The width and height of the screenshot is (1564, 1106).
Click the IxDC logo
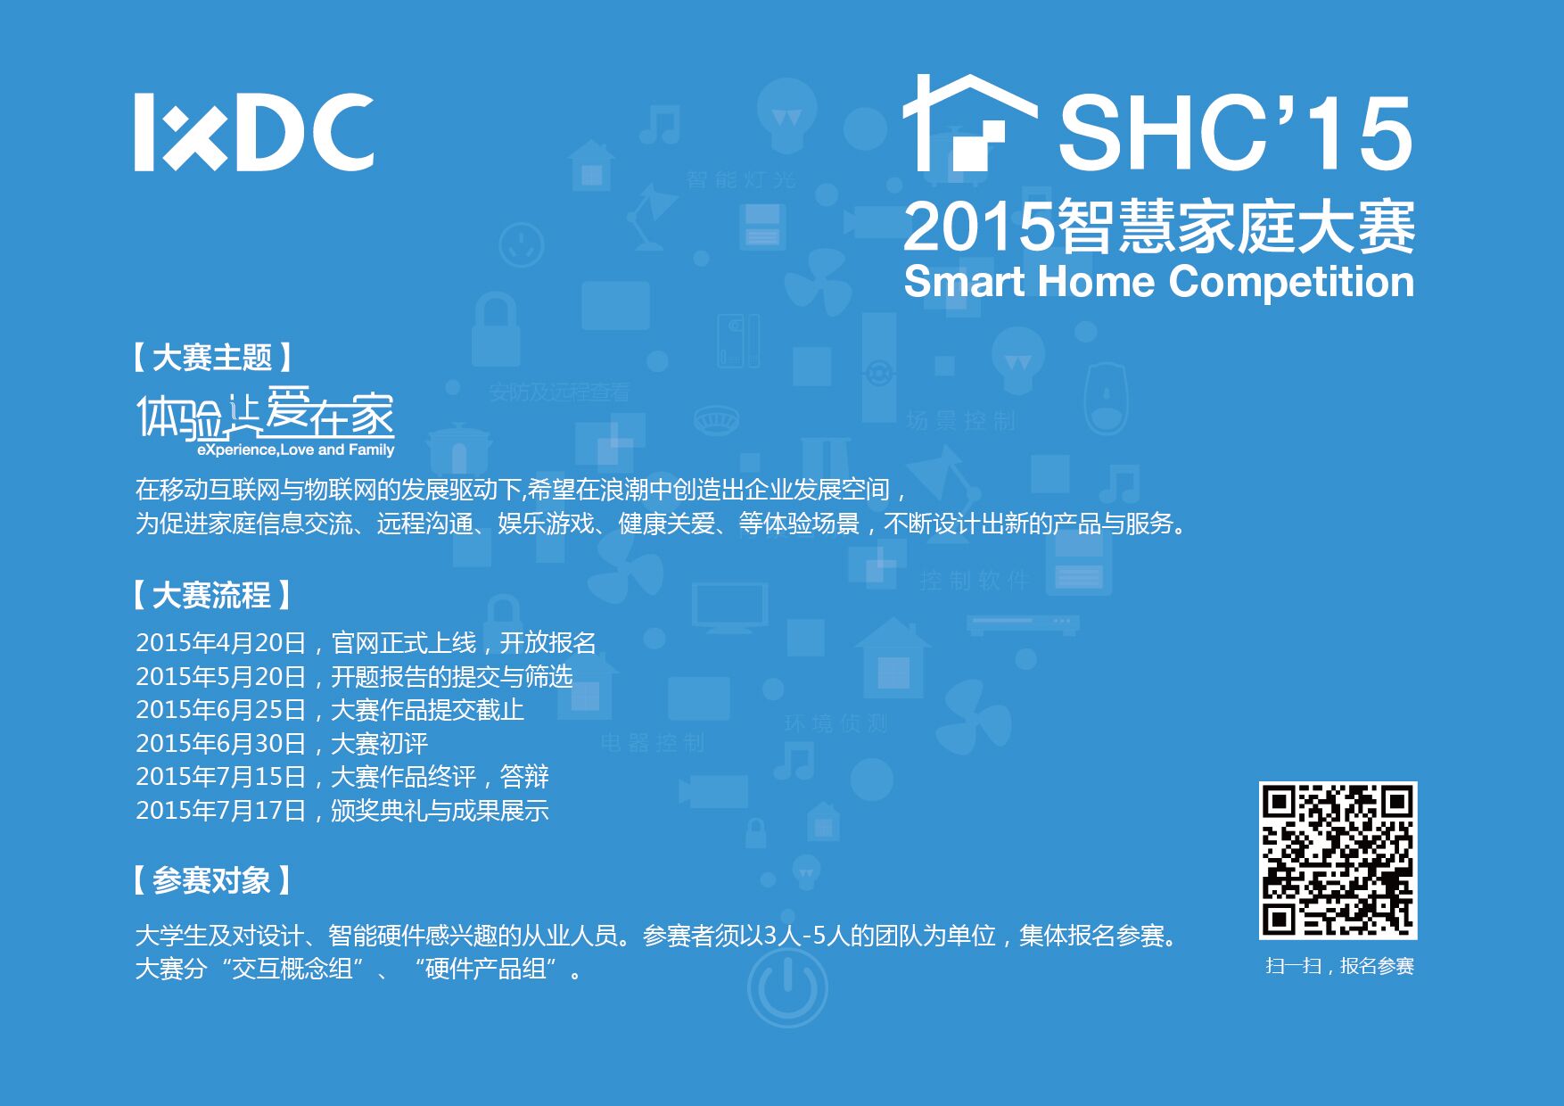coord(254,132)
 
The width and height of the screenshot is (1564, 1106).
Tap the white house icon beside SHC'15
coord(969,122)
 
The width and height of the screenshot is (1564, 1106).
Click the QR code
coord(1338,860)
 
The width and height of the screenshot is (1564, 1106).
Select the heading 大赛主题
coord(211,358)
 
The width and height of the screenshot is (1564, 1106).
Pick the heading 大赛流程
coord(211,595)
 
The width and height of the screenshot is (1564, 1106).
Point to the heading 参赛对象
coord(211,880)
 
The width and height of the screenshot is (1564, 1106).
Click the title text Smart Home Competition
coord(1158,283)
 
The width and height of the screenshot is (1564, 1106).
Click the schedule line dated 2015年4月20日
coord(366,642)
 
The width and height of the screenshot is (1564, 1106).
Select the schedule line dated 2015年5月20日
coord(354,676)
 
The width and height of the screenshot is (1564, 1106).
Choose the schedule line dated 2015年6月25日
coord(330,710)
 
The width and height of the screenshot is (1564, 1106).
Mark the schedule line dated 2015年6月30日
coord(282,743)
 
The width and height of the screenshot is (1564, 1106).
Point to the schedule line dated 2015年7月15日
coord(342,777)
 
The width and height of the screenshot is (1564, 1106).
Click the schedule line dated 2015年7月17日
coord(342,811)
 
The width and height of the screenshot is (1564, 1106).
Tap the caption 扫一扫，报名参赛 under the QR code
coord(1339,966)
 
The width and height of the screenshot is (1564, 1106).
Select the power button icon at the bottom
coord(787,987)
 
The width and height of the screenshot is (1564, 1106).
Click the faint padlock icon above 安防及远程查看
coord(494,330)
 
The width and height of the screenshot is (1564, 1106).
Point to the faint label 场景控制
coord(960,421)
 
